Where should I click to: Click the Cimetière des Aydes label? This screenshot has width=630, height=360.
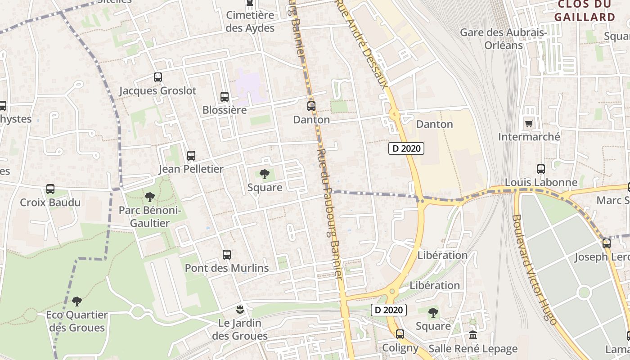(x=250, y=22)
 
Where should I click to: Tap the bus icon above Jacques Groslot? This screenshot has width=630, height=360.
(x=157, y=77)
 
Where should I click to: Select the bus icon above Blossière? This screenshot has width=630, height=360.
(x=224, y=97)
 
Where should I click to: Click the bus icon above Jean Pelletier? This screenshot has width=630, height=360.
(x=191, y=156)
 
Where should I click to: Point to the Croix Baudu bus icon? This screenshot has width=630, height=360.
(x=50, y=189)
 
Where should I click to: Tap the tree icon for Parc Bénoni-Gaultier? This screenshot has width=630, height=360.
(x=149, y=197)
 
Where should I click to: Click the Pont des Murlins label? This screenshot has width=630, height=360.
(x=227, y=268)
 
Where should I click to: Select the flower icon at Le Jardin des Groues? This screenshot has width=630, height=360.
(x=240, y=310)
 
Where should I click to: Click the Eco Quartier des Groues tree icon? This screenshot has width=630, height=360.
(x=77, y=301)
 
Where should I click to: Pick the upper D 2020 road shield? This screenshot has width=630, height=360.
(x=406, y=148)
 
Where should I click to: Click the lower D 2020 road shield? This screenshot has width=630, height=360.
(x=389, y=310)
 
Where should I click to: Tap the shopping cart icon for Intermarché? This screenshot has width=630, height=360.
(x=529, y=123)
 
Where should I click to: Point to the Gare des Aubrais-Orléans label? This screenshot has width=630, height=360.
(x=504, y=39)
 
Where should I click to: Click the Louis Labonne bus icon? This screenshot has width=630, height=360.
(x=541, y=169)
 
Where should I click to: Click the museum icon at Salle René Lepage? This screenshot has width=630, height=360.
(x=473, y=335)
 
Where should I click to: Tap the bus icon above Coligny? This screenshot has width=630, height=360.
(x=400, y=334)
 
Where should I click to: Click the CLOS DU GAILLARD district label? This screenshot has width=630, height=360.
(x=585, y=11)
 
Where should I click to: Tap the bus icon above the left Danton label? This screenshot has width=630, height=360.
(x=311, y=106)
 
